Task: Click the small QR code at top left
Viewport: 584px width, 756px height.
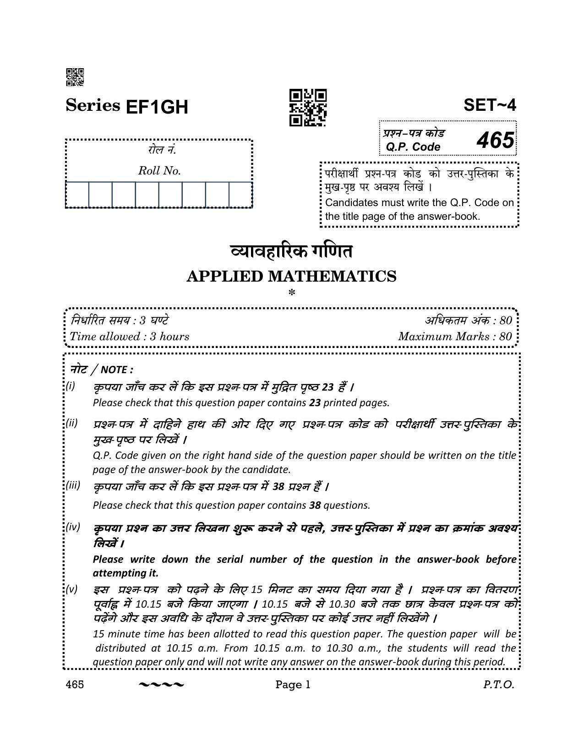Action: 75,77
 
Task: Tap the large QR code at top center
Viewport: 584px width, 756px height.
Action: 307,108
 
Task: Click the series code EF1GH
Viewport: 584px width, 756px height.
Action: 156,107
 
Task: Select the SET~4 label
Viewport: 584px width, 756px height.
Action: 490,105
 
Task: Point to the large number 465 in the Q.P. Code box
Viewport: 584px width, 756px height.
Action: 495,140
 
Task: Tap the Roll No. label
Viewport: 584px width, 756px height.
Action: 159,171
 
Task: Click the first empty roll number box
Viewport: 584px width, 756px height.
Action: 77,195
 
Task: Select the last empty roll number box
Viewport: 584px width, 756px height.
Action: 240,195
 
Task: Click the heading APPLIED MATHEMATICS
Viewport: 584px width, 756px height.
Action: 291,277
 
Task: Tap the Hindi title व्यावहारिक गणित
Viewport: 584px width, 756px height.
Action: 291,252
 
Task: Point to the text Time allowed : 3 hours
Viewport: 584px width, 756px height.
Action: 129,337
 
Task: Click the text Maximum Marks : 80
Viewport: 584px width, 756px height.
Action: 455,337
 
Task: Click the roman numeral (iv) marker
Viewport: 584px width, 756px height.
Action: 73,527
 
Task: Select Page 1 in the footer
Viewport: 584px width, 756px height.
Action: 293,685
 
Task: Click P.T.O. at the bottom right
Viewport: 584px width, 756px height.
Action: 498,685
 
